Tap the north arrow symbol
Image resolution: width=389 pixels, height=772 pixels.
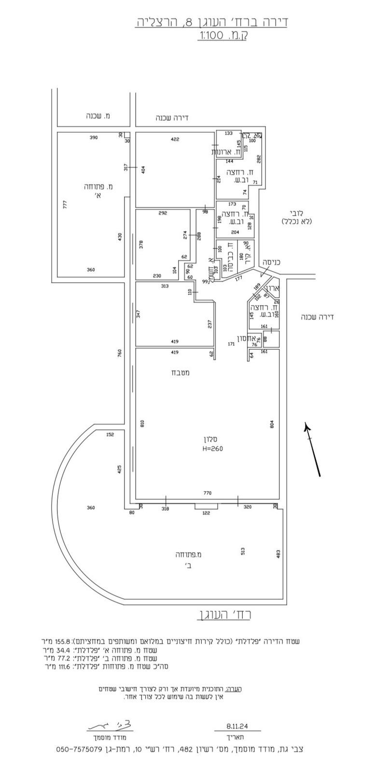click(312, 449)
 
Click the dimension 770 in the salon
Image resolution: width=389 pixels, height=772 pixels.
click(208, 493)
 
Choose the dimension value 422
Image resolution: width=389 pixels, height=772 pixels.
click(175, 139)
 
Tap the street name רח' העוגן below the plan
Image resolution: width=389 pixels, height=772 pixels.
click(224, 615)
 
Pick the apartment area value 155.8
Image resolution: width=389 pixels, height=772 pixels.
click(63, 642)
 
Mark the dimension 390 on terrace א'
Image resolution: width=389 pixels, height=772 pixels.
click(93, 138)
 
